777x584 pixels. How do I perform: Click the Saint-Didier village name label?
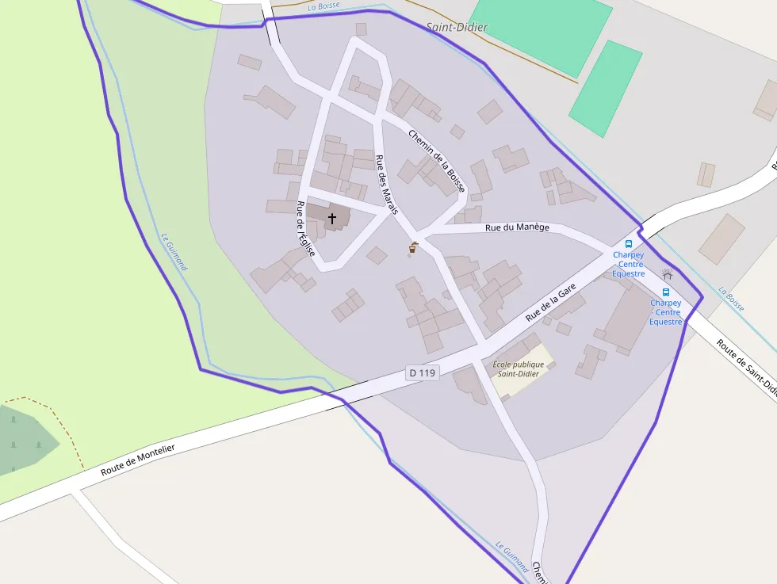pyautogui.click(x=457, y=27)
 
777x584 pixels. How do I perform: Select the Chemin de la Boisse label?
pyautogui.click(x=437, y=154)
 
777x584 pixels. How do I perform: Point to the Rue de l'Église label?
pyautogui.click(x=305, y=228)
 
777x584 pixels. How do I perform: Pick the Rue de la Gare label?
pyautogui.click(x=550, y=303)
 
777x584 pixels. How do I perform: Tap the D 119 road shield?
pyautogui.click(x=422, y=372)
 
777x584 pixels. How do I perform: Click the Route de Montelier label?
pyautogui.click(x=137, y=460)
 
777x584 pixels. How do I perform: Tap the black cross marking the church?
pyautogui.click(x=331, y=217)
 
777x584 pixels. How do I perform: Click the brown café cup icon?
pyautogui.click(x=412, y=247)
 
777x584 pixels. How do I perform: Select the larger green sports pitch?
pyautogui.click(x=541, y=32)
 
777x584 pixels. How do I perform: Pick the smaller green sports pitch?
pyautogui.click(x=606, y=88)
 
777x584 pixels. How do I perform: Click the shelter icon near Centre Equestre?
pyautogui.click(x=667, y=274)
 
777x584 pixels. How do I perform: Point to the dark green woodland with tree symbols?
pyautogui.click(x=24, y=441)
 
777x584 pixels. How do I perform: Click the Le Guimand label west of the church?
pyautogui.click(x=174, y=251)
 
